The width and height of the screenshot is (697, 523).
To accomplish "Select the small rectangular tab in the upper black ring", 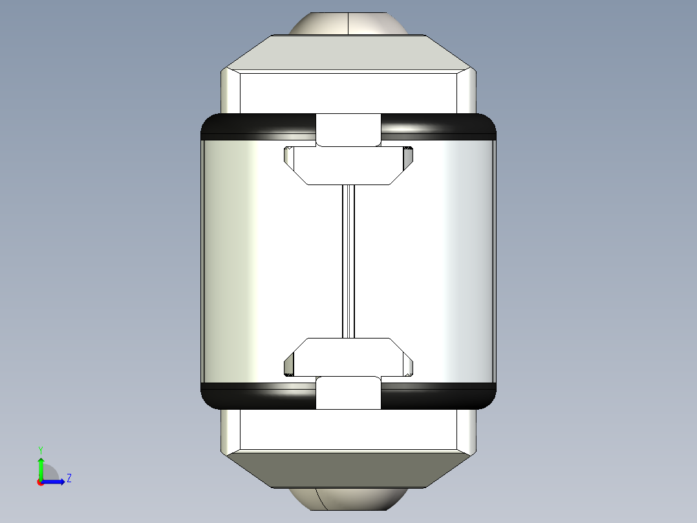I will [348, 129].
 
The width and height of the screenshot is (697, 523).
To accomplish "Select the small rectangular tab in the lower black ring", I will [348, 393].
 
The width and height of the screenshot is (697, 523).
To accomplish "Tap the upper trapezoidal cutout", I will [348, 166].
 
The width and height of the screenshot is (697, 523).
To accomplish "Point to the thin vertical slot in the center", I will [348, 261].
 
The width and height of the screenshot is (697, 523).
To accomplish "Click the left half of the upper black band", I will [259, 126].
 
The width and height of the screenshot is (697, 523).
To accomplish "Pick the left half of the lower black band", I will [259, 396].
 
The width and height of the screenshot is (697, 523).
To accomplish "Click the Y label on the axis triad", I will [40, 449].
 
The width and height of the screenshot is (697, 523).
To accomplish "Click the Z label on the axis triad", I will [69, 478].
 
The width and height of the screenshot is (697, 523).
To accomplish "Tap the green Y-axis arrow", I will [40, 467].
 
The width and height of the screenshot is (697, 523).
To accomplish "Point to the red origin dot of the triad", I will [40, 482].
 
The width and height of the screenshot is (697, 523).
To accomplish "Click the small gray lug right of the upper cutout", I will [408, 155].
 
